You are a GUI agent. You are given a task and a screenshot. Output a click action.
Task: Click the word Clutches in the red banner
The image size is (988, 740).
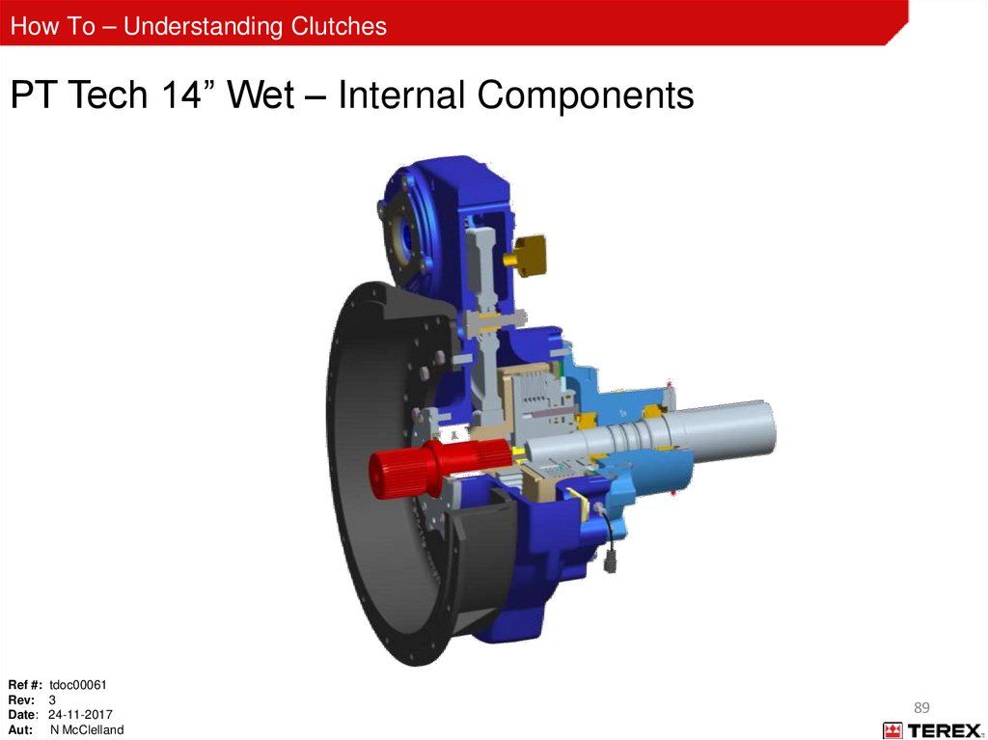pyautogui.click(x=339, y=26)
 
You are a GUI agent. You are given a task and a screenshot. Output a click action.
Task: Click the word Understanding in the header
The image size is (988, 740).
pyautogui.click(x=203, y=26)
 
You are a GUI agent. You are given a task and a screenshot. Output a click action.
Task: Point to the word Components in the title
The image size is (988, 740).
pyautogui.click(x=586, y=96)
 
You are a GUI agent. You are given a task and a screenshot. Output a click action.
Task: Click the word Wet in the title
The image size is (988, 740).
pyautogui.click(x=261, y=95)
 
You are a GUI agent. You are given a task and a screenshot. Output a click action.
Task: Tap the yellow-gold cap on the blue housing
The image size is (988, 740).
pyautogui.click(x=527, y=256)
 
